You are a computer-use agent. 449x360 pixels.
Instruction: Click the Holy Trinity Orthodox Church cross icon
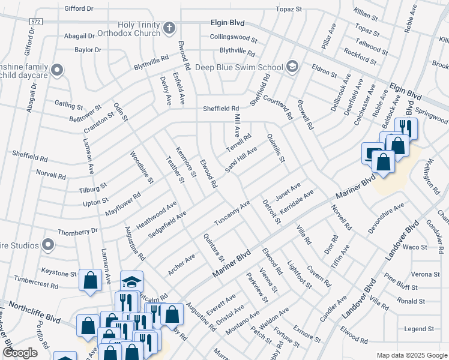pyautogui.click(x=170, y=28)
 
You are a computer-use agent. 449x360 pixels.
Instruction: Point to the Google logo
pyautogui.click(x=20, y=353)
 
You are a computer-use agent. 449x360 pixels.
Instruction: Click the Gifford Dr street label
pyautogui.click(x=79, y=9)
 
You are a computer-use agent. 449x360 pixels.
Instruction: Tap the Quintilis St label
pyautogui.click(x=276, y=148)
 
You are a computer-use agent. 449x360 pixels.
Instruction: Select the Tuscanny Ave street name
pyautogui.click(x=232, y=214)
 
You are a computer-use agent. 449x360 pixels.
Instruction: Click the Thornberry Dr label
pyautogui.click(x=77, y=231)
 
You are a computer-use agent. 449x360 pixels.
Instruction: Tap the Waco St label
pyautogui.click(x=414, y=247)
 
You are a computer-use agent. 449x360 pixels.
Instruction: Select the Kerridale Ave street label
pyautogui.click(x=297, y=204)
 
